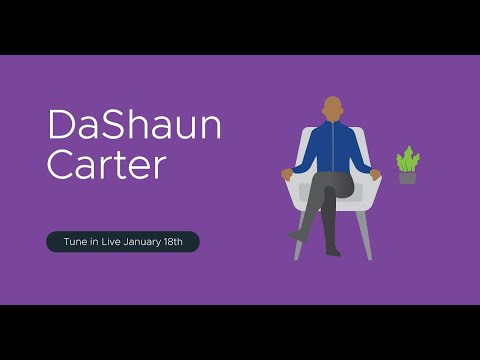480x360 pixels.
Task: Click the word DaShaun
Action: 134,127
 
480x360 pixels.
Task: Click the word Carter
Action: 106,165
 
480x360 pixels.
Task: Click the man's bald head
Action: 332,107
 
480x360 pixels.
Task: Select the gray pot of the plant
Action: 407,178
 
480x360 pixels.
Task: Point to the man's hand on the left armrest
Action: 288,174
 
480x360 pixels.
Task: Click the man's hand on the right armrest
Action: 376,174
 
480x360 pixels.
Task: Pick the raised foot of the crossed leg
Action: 297,235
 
